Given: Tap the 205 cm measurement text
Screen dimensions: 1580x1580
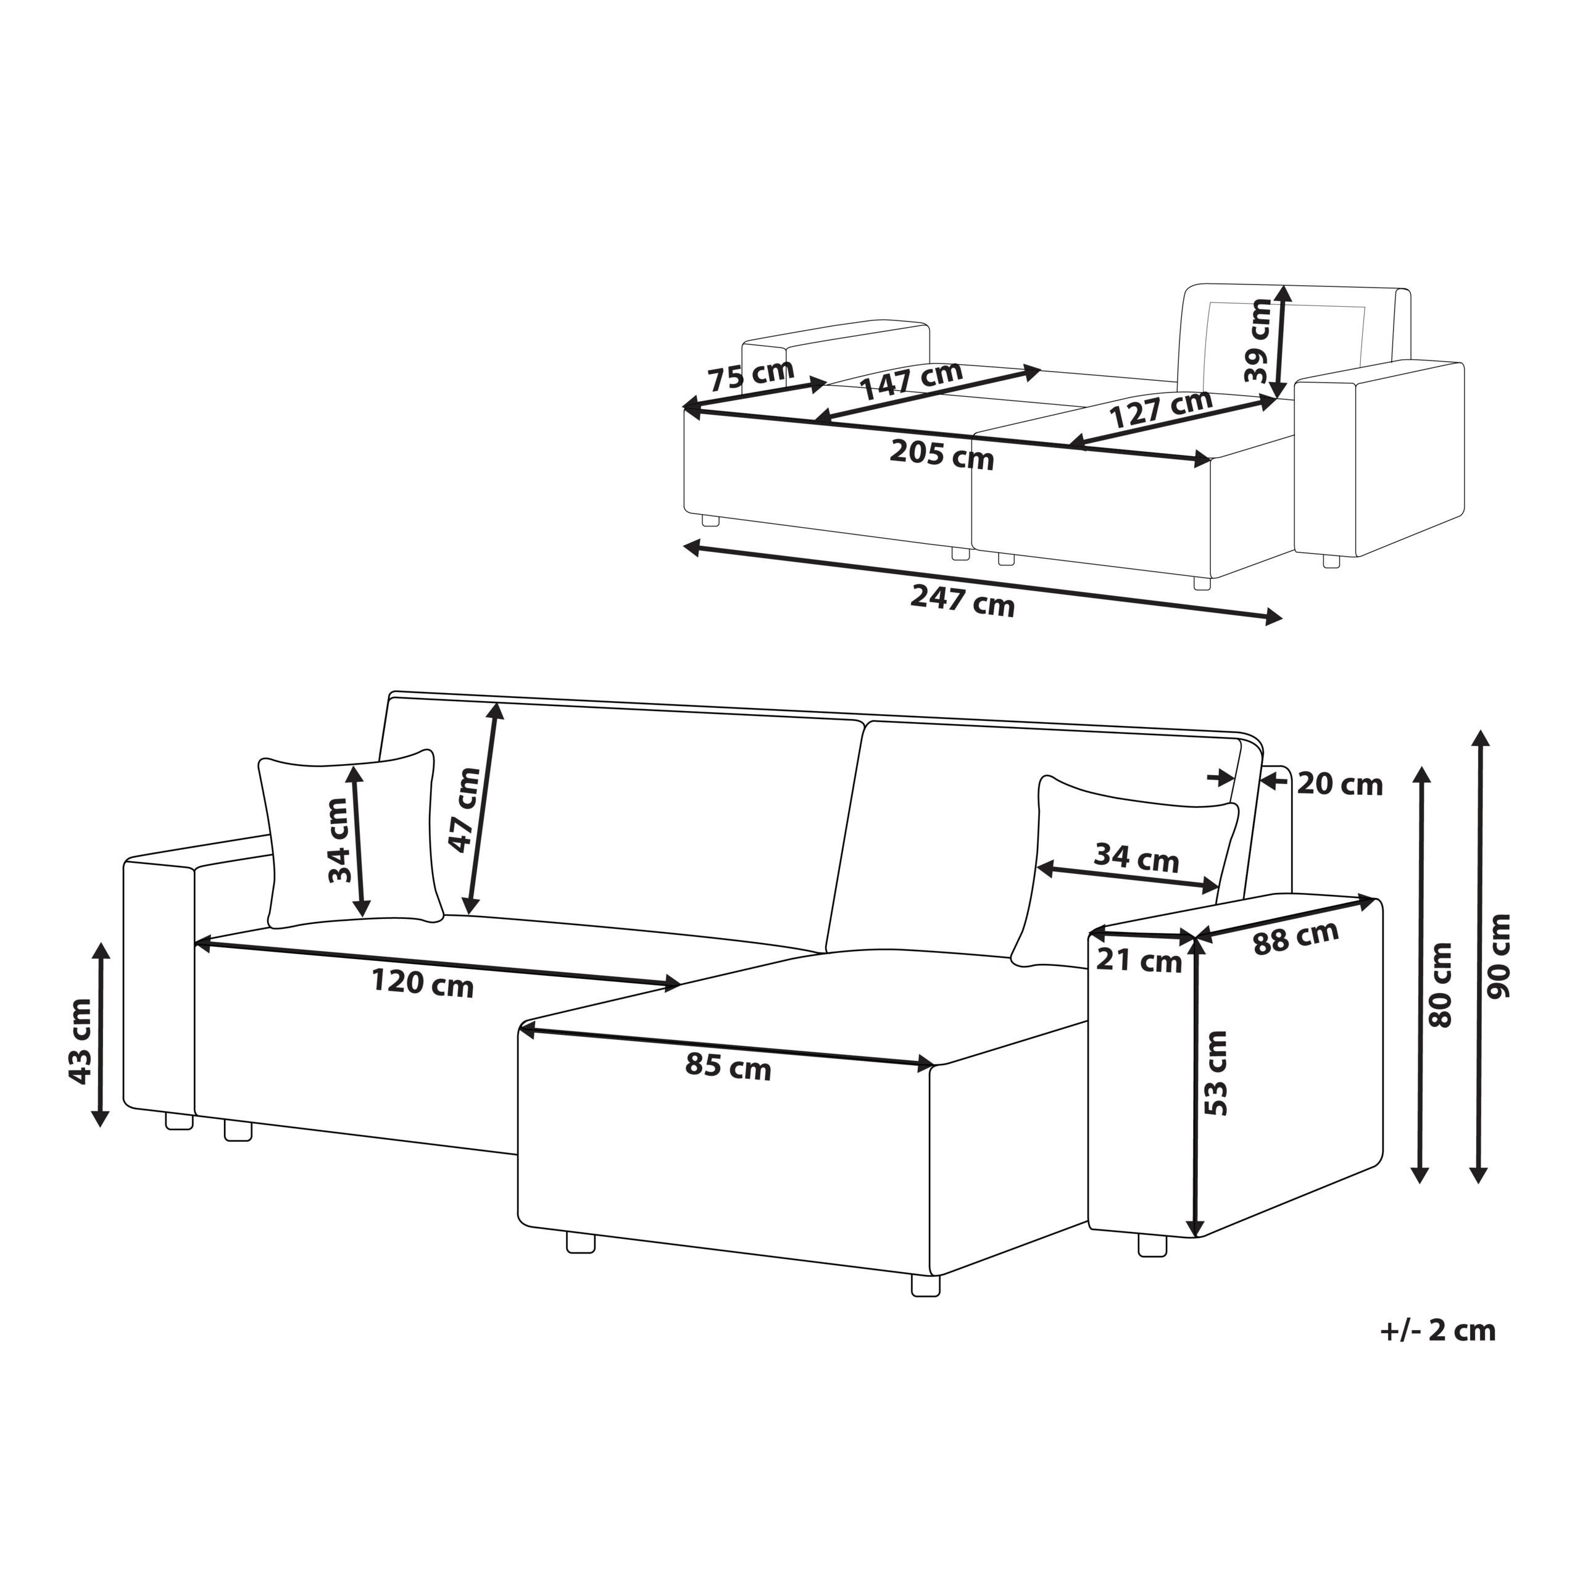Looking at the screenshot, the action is [x=942, y=455].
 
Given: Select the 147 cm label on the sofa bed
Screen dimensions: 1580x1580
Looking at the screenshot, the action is [x=912, y=380].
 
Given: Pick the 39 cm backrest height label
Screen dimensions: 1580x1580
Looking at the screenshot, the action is [x=1257, y=340].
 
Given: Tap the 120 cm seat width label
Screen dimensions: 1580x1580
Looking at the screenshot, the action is [x=423, y=982].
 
